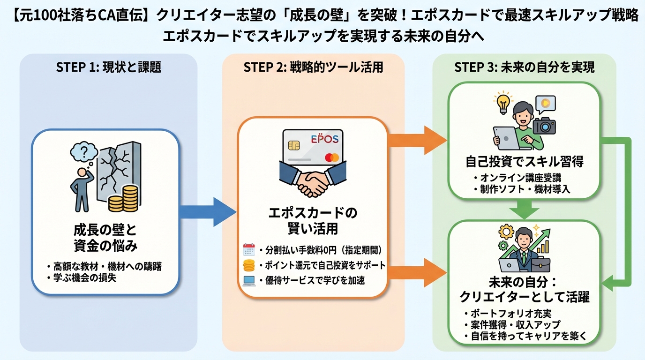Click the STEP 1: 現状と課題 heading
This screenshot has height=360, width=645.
point(108,67)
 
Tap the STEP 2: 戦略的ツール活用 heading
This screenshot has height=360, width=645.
point(313,67)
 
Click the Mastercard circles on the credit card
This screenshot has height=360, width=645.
point(331,157)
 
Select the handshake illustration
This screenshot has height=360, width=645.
point(313,180)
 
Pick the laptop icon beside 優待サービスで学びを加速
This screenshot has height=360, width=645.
point(249,281)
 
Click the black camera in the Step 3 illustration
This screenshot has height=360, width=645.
point(544,125)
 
